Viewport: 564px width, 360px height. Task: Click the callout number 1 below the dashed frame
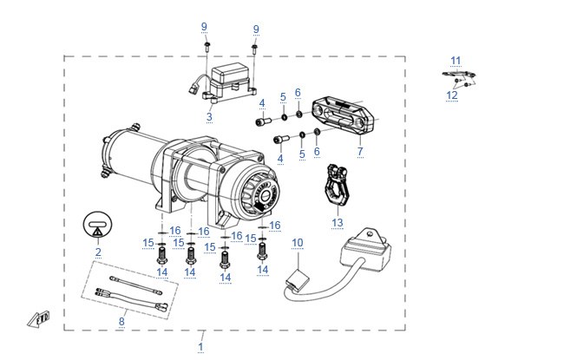(200, 347)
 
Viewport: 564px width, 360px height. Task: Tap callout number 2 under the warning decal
(98, 252)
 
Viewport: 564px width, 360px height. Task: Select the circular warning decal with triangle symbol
(97, 226)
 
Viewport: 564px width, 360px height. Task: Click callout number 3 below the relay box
(209, 116)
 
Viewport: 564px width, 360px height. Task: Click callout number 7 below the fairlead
(360, 152)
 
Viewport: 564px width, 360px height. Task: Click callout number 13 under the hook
(338, 223)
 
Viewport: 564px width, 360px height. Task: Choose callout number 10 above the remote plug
(298, 243)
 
